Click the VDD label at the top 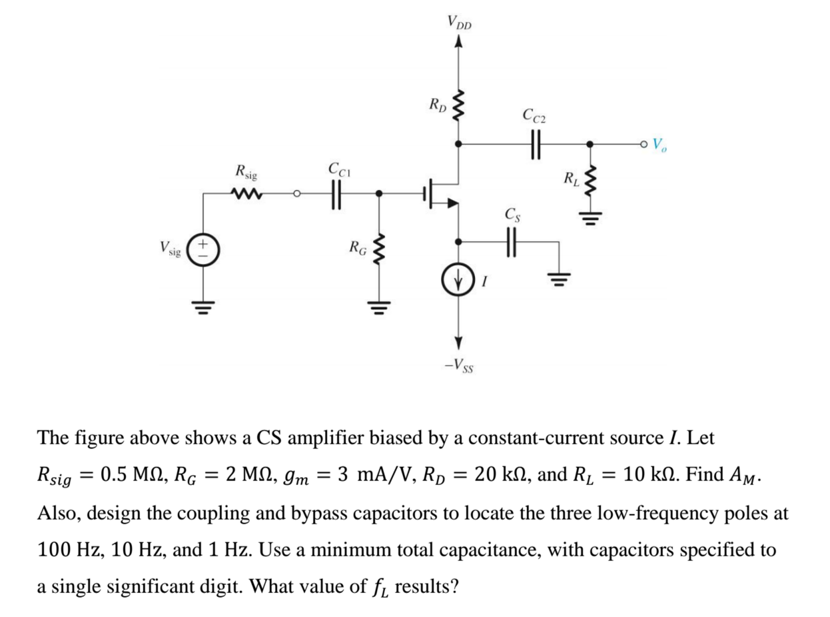(459, 23)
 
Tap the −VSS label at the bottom (459, 364)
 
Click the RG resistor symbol (380, 251)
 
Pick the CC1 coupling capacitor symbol (337, 195)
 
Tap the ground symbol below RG (380, 305)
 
